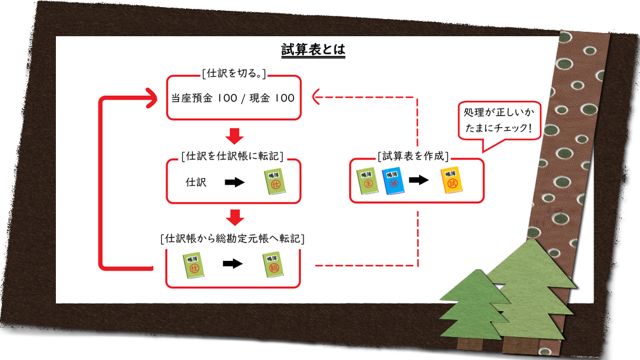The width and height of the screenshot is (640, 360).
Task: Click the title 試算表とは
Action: click(313, 50)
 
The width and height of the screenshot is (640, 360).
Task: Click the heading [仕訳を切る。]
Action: click(233, 74)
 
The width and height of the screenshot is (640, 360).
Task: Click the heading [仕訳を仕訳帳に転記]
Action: click(232, 155)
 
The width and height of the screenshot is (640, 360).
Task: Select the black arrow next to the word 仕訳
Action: click(235, 182)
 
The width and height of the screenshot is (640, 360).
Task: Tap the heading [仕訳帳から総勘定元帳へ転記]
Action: click(232, 239)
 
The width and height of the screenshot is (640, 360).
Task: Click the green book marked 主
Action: click(367, 181)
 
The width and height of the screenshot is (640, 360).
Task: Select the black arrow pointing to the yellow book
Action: click(419, 180)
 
